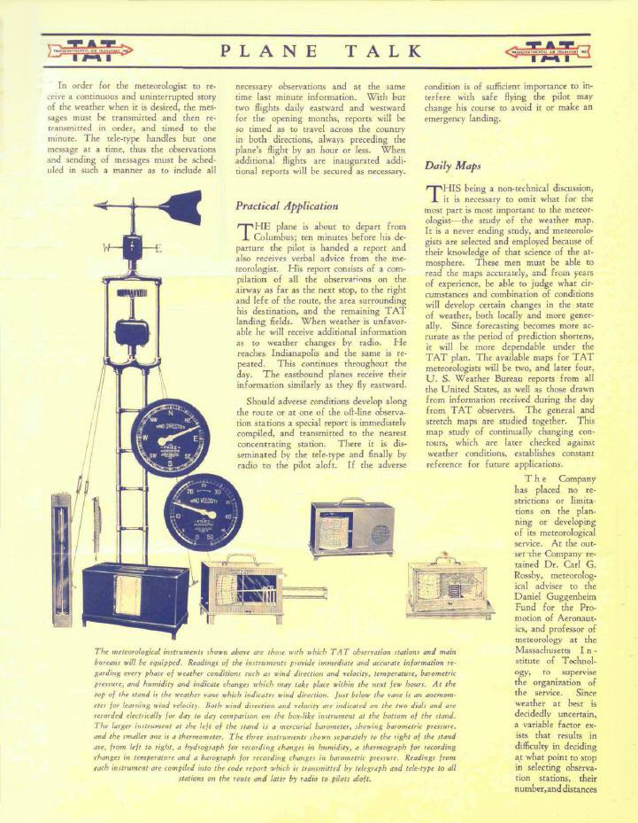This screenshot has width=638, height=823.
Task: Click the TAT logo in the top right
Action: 556,50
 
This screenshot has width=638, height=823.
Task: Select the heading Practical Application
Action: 287,206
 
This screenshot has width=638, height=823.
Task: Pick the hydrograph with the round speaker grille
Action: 351,529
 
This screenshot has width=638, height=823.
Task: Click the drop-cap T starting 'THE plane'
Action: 246,233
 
